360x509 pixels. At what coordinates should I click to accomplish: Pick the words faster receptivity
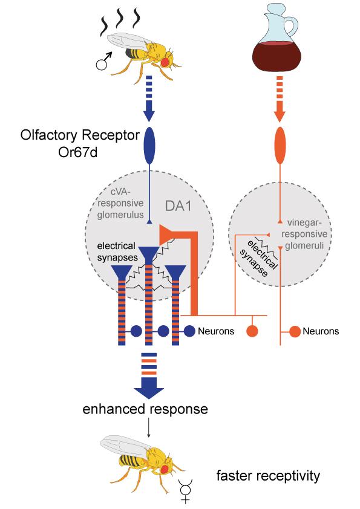[x=268, y=477]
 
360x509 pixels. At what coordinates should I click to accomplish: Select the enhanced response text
[x=146, y=409]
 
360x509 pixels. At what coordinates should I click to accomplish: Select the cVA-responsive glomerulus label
[x=117, y=203]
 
